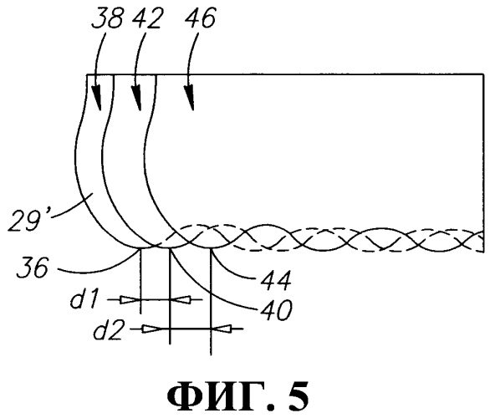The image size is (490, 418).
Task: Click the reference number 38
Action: (x=106, y=18)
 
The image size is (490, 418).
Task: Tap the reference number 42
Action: (x=146, y=18)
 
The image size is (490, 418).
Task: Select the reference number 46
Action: (x=200, y=18)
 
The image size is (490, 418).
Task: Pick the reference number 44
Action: (x=276, y=279)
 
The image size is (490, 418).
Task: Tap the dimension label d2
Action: (x=108, y=329)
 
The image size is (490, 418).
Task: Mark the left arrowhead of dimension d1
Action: (x=130, y=300)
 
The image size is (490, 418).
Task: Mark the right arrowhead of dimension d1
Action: (x=180, y=300)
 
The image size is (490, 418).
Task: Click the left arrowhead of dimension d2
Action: (x=153, y=329)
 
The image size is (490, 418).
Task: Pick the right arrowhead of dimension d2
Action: (x=222, y=329)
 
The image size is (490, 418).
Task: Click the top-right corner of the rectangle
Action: (x=482, y=74)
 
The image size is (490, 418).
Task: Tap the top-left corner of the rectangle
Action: (x=87, y=74)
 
